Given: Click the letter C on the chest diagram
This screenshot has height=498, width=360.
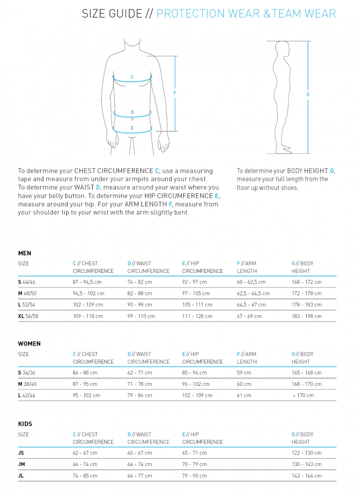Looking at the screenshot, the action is click(132, 77).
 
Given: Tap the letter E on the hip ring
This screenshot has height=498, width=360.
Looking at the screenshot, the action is click(132, 128).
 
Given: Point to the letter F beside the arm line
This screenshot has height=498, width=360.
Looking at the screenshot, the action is click(175, 94).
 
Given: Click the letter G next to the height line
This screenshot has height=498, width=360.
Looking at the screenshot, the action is click(308, 94).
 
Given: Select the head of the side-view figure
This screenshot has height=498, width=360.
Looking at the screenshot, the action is click(283, 50).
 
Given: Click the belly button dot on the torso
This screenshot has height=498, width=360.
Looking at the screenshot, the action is click(132, 120).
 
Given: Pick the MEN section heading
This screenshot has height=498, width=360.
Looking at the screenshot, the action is click(25, 253).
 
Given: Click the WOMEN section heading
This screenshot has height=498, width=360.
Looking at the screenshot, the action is click(29, 344).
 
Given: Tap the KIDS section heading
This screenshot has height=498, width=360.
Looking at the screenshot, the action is click(25, 424).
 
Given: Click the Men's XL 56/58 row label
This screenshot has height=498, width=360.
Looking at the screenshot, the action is click(28, 316).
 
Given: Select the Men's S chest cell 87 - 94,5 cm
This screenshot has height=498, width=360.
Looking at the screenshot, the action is click(87, 282).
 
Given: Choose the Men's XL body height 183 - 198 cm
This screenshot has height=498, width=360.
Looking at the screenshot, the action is click(307, 316).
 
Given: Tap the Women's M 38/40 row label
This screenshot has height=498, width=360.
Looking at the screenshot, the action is click(27, 384).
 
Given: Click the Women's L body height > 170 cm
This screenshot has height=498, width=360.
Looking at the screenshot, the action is click(304, 395).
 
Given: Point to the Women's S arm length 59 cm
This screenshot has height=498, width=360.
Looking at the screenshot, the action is click(244, 373).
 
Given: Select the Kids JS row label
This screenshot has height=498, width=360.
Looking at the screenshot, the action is click(21, 453).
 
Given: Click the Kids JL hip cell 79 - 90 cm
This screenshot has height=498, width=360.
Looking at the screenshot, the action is click(194, 476).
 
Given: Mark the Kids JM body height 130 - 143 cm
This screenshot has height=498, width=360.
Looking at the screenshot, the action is click(307, 464).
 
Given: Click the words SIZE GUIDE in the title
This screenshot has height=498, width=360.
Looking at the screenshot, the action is click(112, 14).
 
